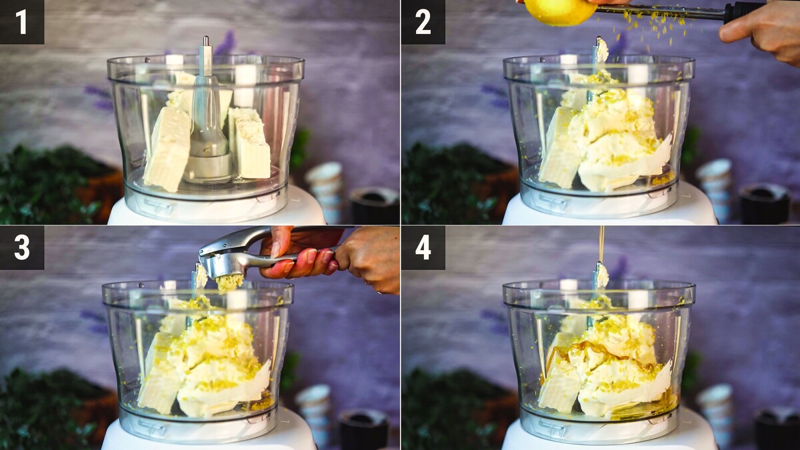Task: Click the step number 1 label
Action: tap(22, 22)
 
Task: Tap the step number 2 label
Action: tap(423, 22)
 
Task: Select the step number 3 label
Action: tap(22, 247)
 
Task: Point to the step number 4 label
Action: tap(423, 247)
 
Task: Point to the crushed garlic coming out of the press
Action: tap(229, 282)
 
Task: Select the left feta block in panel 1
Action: tap(168, 149)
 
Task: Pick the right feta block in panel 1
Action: tap(250, 143)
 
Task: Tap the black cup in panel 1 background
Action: tap(374, 205)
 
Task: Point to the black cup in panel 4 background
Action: tap(777, 429)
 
